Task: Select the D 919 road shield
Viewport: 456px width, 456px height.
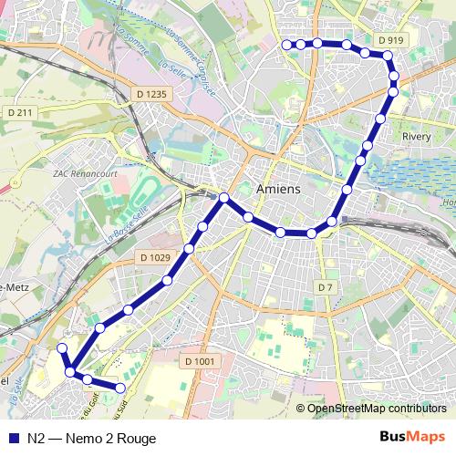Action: tap(389, 40)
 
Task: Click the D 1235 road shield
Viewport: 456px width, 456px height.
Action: tap(151, 93)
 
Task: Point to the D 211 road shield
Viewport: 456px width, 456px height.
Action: tap(19, 112)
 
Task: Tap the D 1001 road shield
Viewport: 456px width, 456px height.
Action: tap(204, 361)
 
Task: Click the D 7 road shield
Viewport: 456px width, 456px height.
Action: tap(326, 287)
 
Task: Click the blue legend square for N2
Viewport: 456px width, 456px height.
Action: tap(13, 438)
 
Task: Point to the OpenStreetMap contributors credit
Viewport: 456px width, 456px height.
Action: tap(376, 409)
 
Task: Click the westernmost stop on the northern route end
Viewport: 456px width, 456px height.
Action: tap(286, 44)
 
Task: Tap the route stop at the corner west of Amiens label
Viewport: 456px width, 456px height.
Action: tap(224, 198)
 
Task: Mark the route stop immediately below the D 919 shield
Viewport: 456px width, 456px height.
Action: tap(387, 57)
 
